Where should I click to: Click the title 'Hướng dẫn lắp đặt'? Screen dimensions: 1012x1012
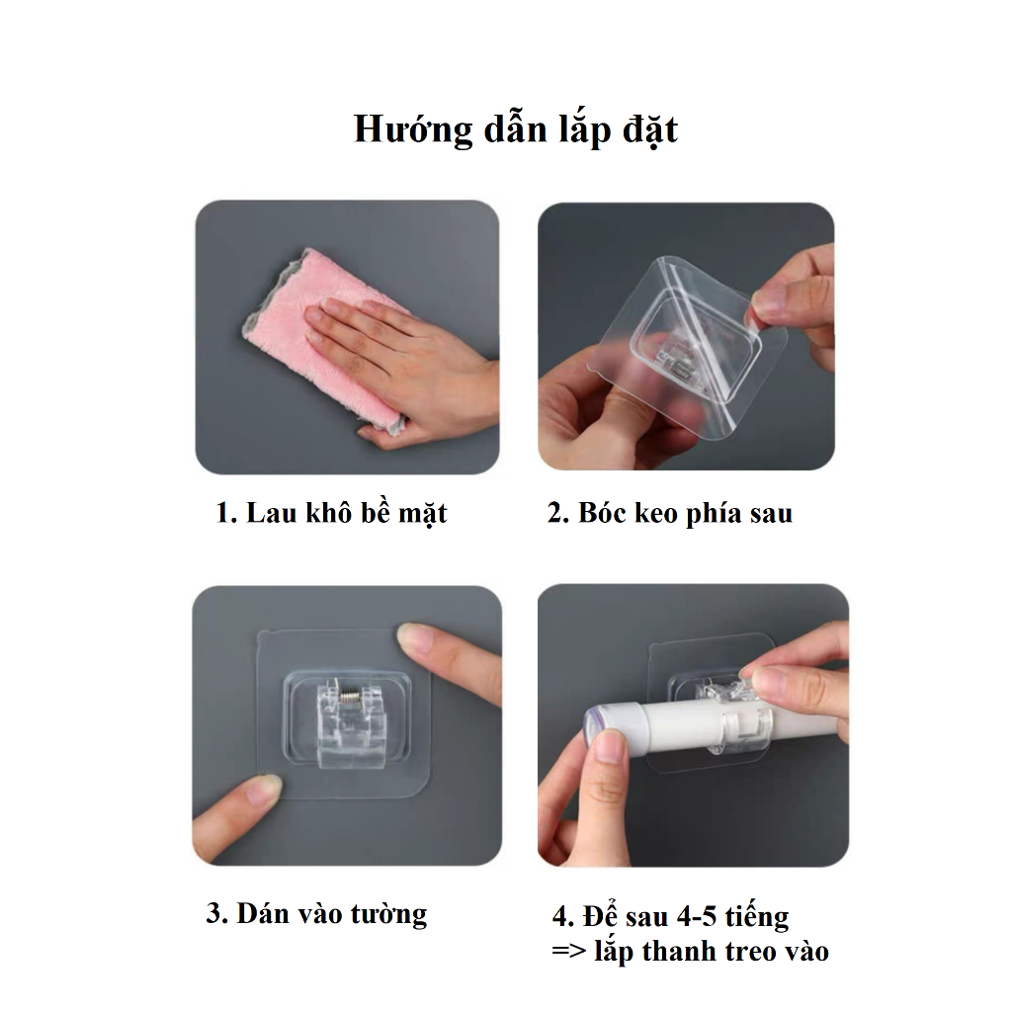[516, 129]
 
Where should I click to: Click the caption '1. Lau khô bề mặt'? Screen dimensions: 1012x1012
[331, 514]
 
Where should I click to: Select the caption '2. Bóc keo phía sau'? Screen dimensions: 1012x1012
[669, 513]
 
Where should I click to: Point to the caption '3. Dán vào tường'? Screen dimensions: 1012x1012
[316, 914]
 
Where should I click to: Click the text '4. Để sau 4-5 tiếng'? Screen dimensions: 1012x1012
[670, 916]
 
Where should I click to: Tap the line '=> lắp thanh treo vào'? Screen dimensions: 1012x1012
[690, 952]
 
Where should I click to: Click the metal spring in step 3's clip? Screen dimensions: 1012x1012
[348, 699]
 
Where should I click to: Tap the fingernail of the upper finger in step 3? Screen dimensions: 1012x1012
[414, 635]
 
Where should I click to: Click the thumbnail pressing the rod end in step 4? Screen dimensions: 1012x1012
[609, 746]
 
